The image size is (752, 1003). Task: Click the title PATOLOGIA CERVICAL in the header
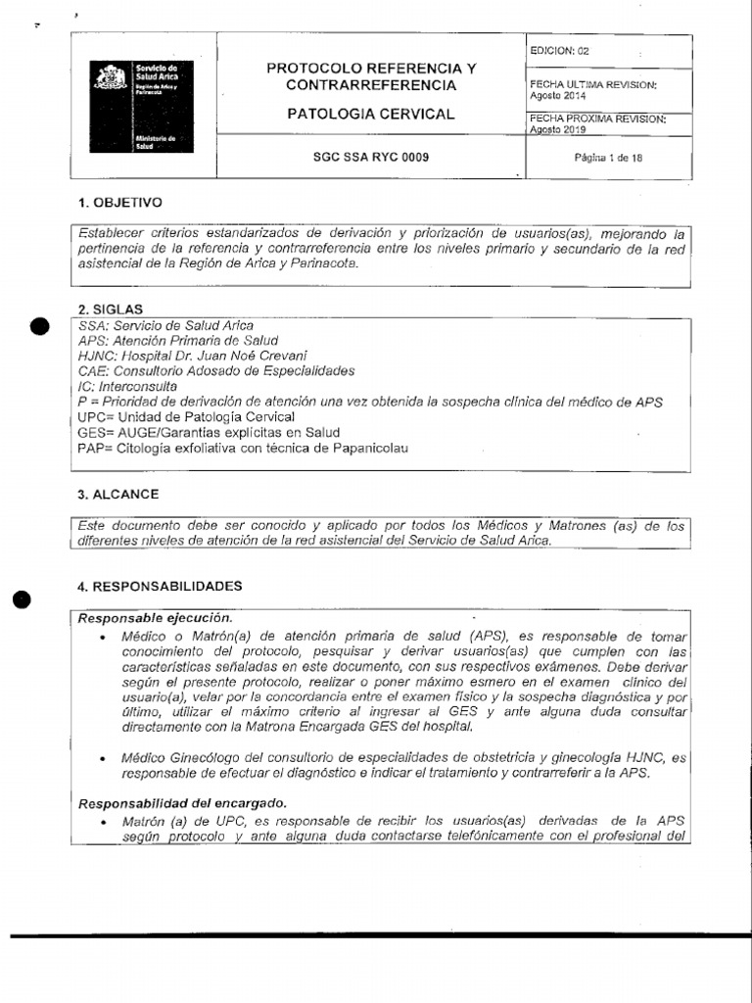coord(370,114)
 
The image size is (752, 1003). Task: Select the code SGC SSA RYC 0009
coord(370,157)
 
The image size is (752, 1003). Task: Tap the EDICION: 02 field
coord(559,50)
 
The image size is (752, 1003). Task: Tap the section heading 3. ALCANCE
coord(117,494)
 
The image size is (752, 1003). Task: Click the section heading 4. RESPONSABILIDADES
coord(159,586)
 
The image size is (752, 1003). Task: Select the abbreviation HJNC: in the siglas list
coord(94,356)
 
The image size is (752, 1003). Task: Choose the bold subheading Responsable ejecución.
coord(155,618)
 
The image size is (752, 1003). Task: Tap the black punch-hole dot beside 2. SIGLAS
coord(37,327)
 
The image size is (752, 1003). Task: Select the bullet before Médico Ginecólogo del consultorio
coord(103,758)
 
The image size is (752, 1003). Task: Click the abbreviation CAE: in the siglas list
coord(92,371)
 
